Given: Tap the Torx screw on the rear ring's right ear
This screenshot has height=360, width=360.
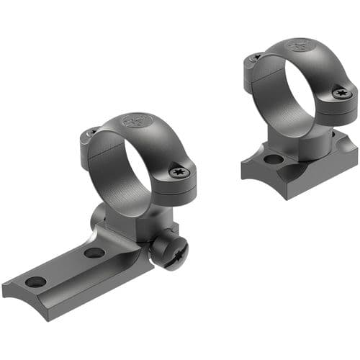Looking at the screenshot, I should point(343,93).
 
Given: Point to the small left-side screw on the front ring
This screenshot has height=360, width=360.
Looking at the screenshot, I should point(90,132).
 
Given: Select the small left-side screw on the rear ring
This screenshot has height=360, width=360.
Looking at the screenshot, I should point(254,58).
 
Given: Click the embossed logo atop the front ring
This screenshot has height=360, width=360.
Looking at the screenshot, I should point(135,121).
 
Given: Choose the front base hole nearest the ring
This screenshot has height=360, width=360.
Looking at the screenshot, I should point(94,253).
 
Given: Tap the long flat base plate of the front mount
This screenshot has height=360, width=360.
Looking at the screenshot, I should point(72,270).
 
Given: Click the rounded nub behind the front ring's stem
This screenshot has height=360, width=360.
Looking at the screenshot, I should point(99,215).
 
